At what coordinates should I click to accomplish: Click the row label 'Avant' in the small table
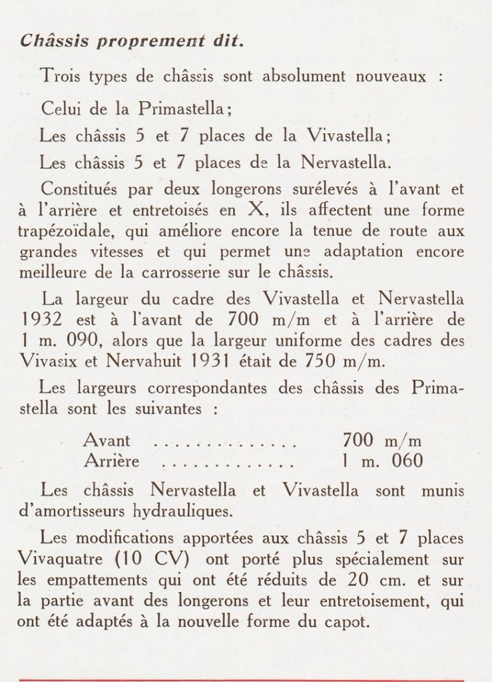pyautogui.click(x=107, y=441)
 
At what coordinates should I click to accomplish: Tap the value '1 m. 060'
pyautogui.click(x=381, y=461)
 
